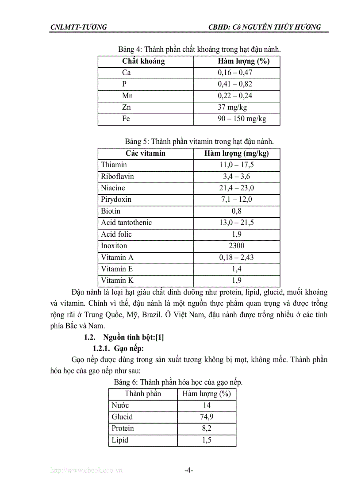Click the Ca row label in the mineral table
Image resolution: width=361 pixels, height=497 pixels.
(x=127, y=73)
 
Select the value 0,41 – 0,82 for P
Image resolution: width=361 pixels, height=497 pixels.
(x=235, y=84)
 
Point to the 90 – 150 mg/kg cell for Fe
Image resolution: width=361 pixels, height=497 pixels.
(x=242, y=119)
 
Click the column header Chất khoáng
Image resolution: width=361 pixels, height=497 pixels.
(x=143, y=61)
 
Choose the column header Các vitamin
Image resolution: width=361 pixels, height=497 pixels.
(x=145, y=153)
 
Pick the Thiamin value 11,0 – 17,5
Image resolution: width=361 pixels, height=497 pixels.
(x=237, y=165)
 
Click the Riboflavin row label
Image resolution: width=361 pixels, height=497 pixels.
(x=117, y=176)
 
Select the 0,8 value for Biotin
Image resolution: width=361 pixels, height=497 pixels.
(x=237, y=211)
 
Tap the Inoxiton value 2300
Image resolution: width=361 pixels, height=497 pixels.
(x=237, y=246)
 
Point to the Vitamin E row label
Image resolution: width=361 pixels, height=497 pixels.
(x=117, y=269)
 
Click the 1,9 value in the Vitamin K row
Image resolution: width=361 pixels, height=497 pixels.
(x=237, y=280)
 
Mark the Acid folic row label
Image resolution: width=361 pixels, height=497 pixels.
(x=116, y=234)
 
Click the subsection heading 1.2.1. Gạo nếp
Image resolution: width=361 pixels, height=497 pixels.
(x=116, y=348)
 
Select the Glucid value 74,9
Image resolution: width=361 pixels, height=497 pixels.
(x=207, y=416)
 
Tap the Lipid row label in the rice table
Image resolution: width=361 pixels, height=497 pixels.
(x=120, y=440)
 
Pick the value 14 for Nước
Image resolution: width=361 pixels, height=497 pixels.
(x=207, y=405)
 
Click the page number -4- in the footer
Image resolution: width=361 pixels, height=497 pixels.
(x=188, y=470)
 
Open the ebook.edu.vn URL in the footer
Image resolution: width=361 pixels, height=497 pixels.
(x=86, y=470)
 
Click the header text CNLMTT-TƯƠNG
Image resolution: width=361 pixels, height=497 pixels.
(x=79, y=27)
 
